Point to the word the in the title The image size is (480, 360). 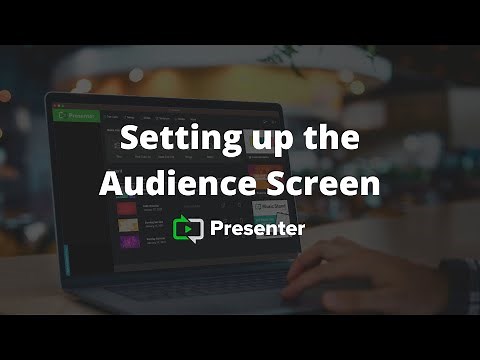[x=331, y=141]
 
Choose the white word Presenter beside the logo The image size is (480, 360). [x=258, y=229]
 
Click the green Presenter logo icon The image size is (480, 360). [x=188, y=229]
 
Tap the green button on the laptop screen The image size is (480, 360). [x=74, y=115]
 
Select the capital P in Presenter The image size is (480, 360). [x=217, y=229]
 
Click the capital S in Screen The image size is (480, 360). [x=265, y=183]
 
